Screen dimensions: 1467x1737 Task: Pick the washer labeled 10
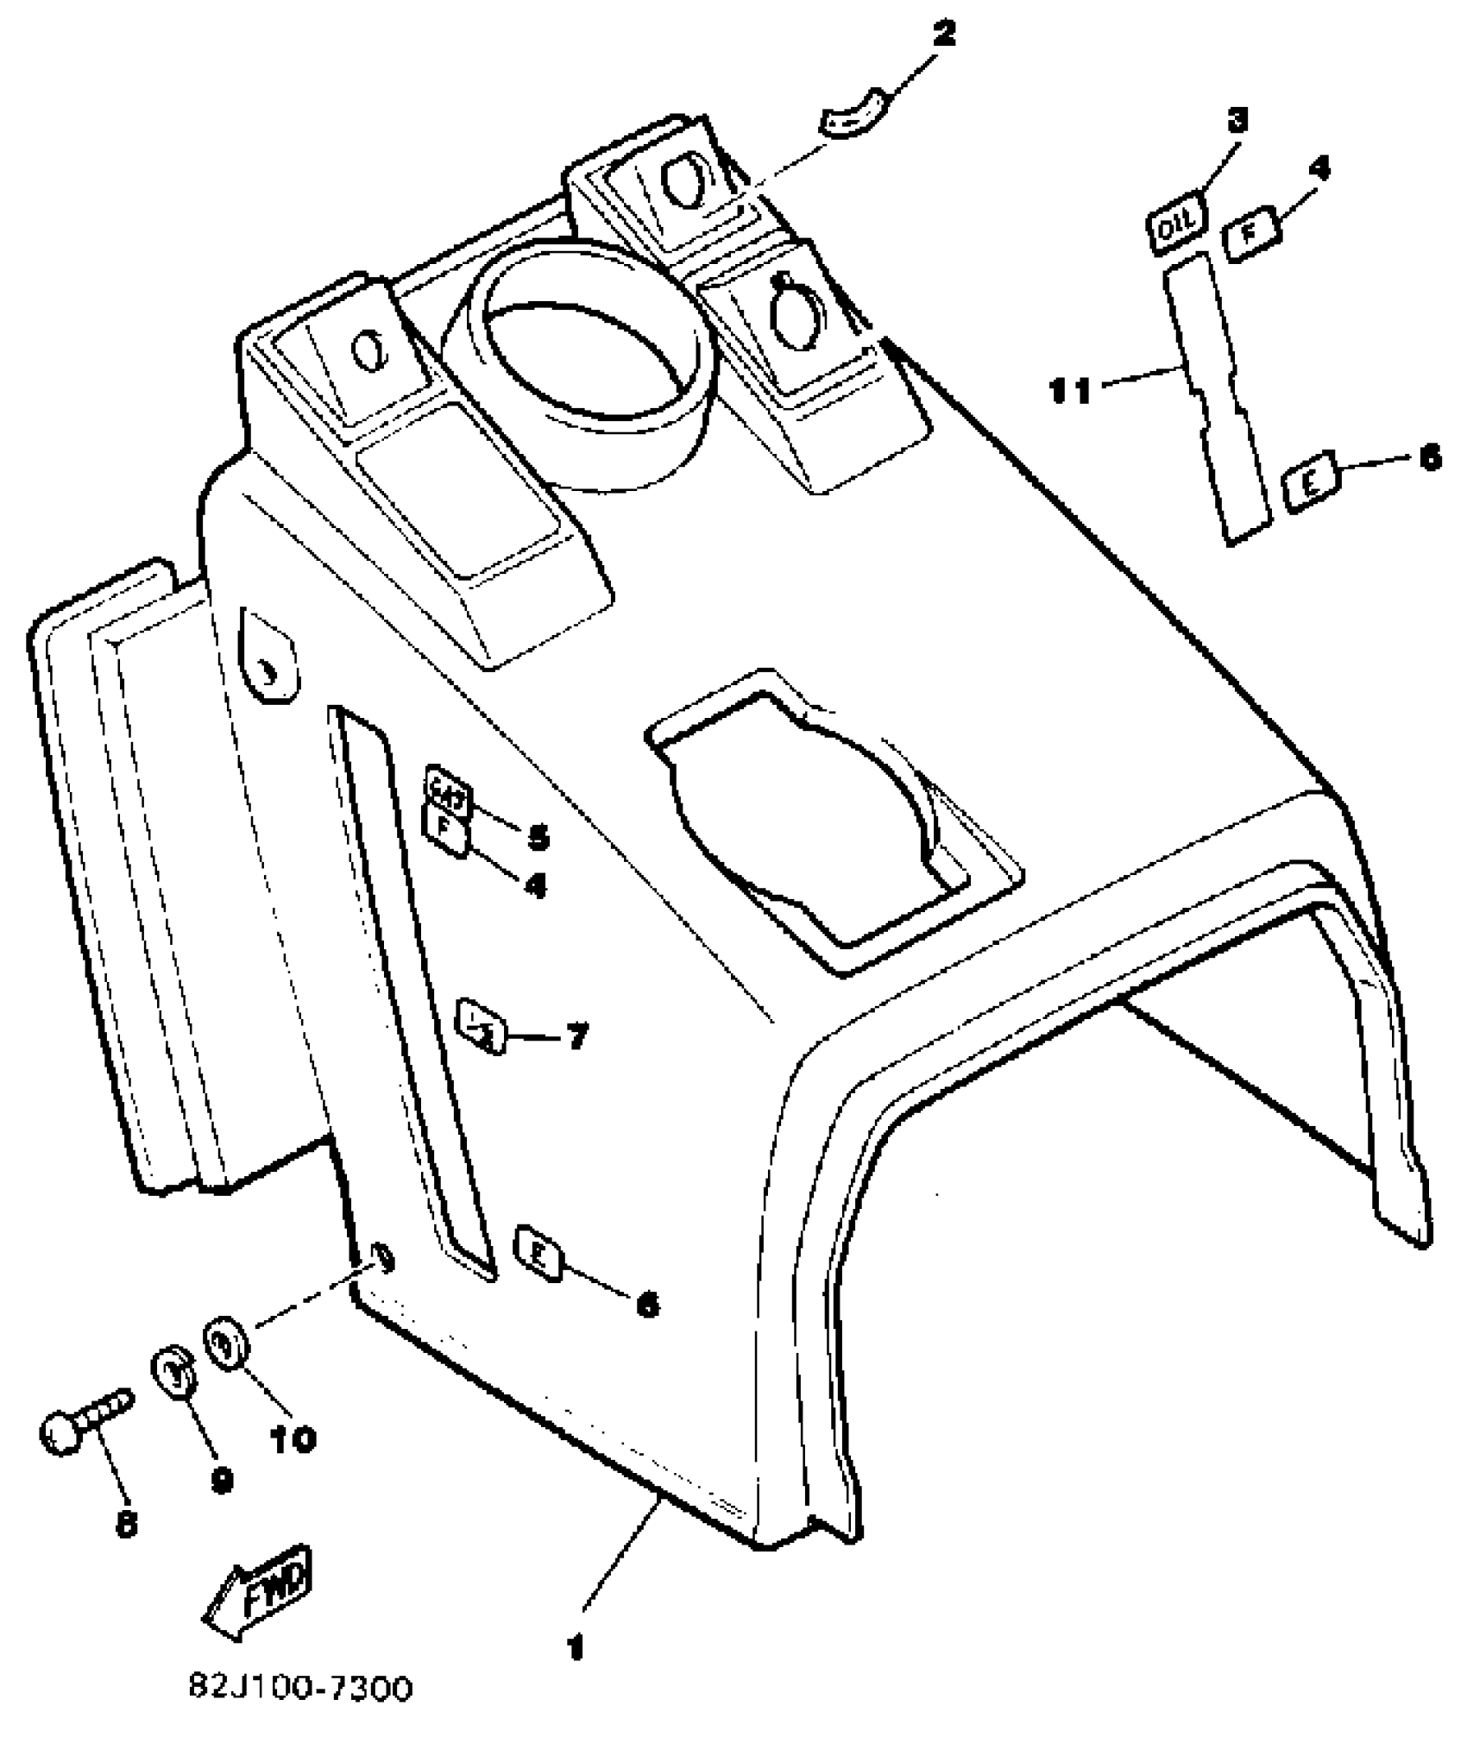point(227,1344)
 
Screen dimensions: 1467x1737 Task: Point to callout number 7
point(576,1035)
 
